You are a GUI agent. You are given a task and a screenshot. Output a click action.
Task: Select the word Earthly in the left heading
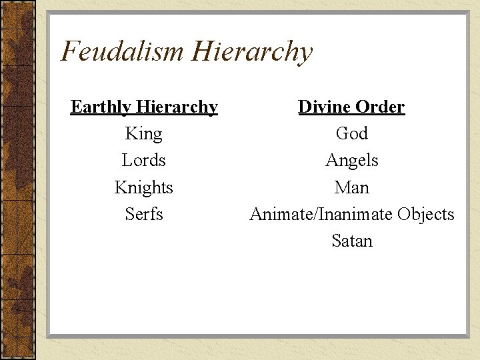pyautogui.click(x=99, y=107)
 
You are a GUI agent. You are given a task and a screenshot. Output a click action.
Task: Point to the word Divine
pyautogui.click(x=323, y=107)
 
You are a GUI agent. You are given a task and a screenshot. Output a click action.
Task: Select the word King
pyautogui.click(x=144, y=134)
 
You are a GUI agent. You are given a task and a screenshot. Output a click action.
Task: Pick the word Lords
pyautogui.click(x=144, y=161)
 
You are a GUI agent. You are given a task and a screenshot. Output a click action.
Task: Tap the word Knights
pyautogui.click(x=144, y=188)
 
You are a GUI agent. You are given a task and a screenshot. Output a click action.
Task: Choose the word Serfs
pyautogui.click(x=144, y=214)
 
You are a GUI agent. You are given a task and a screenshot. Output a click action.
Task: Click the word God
pyautogui.click(x=352, y=133)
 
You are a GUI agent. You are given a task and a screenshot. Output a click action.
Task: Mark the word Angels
pyautogui.click(x=352, y=161)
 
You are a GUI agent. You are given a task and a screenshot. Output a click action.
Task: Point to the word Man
pyautogui.click(x=352, y=187)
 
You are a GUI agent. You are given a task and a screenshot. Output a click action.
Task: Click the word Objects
pyautogui.click(x=425, y=214)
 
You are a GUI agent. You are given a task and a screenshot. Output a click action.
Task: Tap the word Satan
pyautogui.click(x=352, y=241)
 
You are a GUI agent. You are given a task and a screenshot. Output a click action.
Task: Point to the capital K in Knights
pyautogui.click(x=120, y=187)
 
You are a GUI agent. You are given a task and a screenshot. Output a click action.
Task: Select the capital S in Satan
pyautogui.click(x=337, y=241)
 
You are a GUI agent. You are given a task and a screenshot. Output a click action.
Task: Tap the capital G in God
pyautogui.click(x=342, y=133)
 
